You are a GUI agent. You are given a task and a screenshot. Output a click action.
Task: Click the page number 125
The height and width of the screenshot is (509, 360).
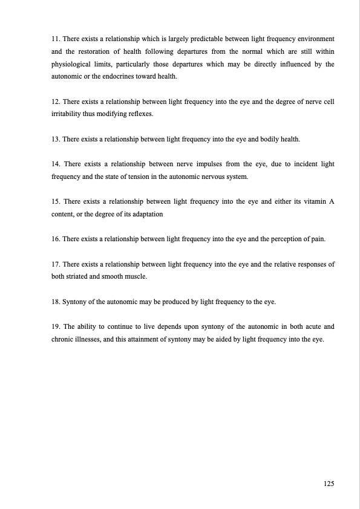329,484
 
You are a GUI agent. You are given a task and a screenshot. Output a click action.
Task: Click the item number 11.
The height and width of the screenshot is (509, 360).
56,39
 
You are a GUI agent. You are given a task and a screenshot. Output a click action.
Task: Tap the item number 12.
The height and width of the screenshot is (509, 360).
56,102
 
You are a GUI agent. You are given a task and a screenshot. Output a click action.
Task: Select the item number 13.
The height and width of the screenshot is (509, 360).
56,140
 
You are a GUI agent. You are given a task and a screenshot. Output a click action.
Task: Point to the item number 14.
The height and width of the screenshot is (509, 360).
56,164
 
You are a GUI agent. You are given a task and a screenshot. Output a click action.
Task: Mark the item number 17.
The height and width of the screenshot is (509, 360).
56,265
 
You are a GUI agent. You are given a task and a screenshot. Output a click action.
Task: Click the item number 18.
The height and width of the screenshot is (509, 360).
56,302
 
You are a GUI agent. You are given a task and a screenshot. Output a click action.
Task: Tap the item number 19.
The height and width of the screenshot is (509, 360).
56,326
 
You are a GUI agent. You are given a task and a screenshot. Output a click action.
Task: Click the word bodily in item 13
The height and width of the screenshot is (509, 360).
273,140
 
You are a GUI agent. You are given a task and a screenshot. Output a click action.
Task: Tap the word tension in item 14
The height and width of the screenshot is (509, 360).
148,177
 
